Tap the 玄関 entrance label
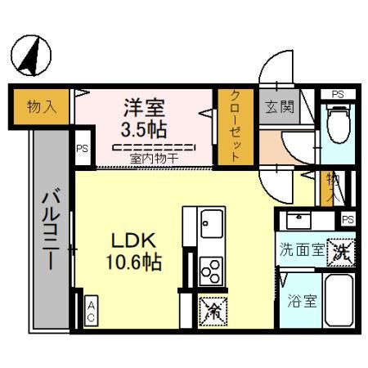(x=276, y=105)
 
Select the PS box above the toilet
(x=338, y=94)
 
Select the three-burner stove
(x=211, y=267)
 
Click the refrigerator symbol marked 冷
(x=211, y=309)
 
